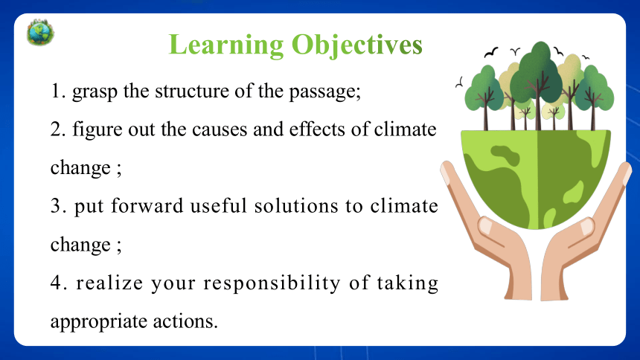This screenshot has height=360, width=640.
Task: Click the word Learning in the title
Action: [x=226, y=45]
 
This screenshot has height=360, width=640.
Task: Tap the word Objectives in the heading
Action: [x=357, y=45]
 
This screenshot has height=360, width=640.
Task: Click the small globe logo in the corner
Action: [x=40, y=32]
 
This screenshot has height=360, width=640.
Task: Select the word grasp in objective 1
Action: [x=95, y=92]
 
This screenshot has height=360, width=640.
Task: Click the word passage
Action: [x=325, y=92]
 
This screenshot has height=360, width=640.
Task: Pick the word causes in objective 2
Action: [x=220, y=130]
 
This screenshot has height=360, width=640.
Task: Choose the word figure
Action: [x=97, y=131]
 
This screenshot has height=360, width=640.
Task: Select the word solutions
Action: [x=296, y=206]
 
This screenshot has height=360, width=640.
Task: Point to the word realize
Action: [x=109, y=283]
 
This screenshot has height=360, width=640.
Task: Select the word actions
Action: [x=185, y=321]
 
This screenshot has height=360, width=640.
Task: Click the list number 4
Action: [x=57, y=283]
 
